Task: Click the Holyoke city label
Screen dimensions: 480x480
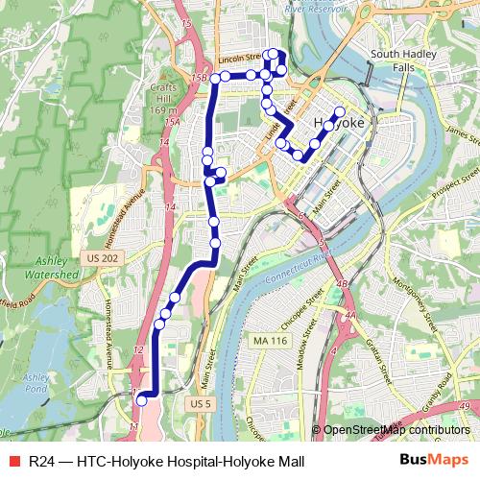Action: click(336, 124)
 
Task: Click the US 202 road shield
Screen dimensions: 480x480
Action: click(103, 258)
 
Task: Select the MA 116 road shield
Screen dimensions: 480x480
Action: click(271, 342)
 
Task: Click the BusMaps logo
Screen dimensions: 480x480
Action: click(434, 461)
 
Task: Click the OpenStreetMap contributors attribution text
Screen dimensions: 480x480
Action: click(396, 430)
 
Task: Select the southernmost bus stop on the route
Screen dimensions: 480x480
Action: click(141, 398)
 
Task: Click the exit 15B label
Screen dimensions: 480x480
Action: click(200, 77)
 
